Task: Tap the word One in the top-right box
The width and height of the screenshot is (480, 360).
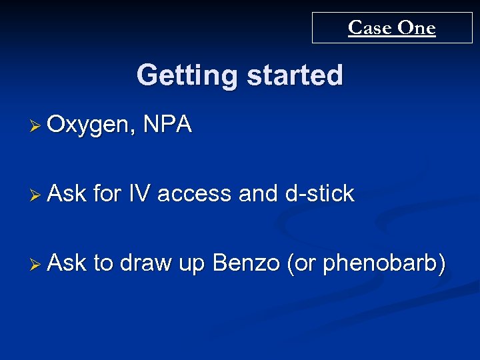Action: tap(417, 28)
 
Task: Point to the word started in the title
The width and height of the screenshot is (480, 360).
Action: tap(295, 75)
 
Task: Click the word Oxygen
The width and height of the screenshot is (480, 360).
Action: tap(90, 125)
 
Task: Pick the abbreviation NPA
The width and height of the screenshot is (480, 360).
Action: tap(167, 124)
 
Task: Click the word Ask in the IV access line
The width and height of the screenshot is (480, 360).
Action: tap(67, 193)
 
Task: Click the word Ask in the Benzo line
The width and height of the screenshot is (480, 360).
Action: tap(67, 263)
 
